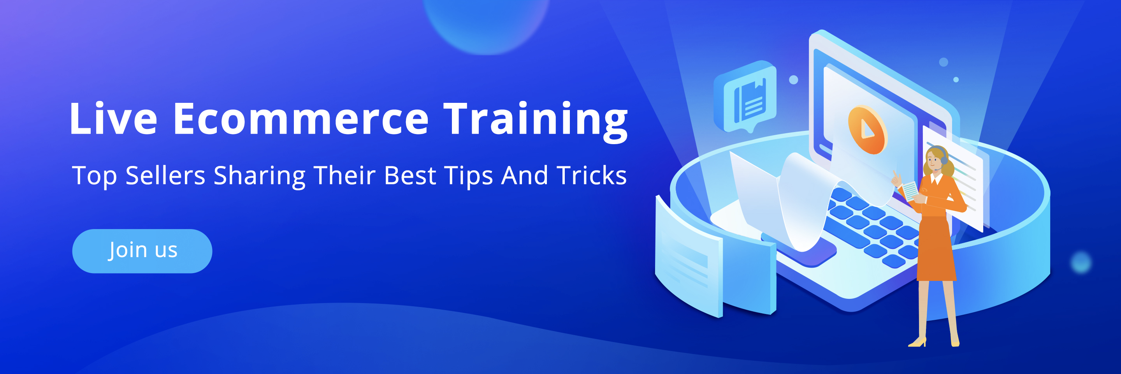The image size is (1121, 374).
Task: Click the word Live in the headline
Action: [113, 118]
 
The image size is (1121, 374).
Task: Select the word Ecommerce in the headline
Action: [301, 118]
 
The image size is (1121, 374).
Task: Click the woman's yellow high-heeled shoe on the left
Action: [917, 342]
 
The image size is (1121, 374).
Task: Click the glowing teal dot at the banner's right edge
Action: [1081, 262]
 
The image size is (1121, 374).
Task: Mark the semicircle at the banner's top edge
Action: [486, 22]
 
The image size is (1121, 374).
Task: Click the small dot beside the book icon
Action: [794, 80]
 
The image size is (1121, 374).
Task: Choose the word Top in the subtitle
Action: [94, 176]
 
